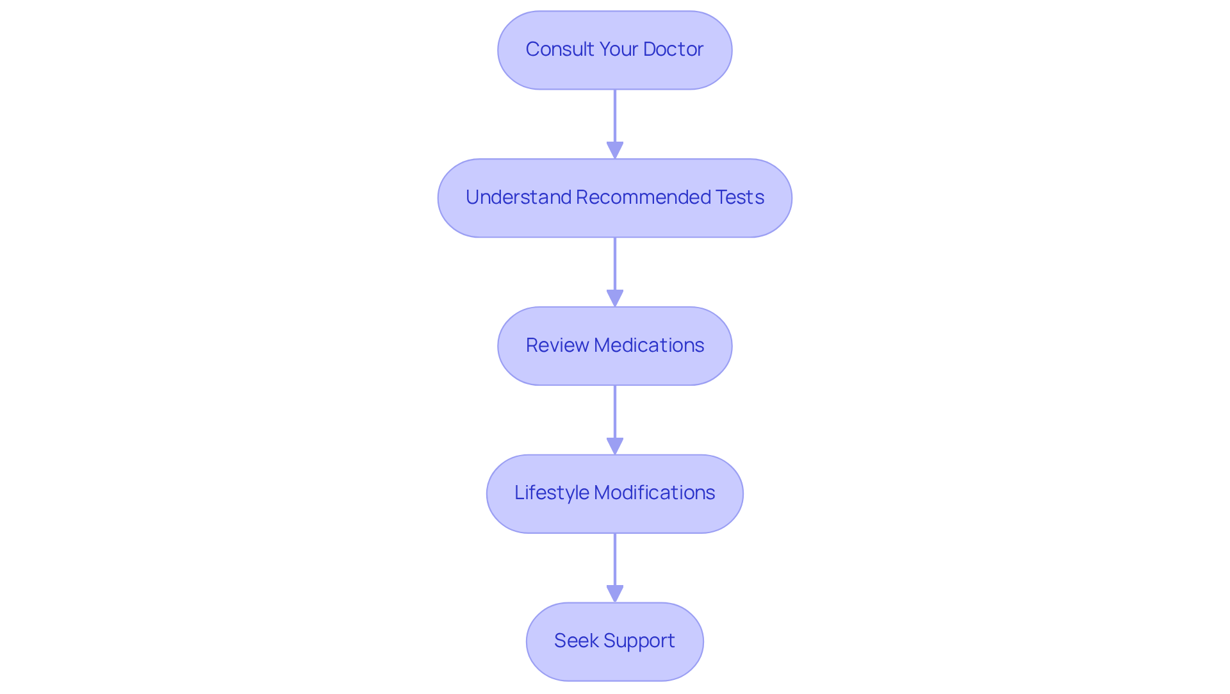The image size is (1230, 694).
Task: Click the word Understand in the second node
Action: point(518,197)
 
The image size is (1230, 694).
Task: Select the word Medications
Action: point(649,345)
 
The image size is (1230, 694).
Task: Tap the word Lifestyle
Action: point(552,493)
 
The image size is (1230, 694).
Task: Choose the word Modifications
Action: point(654,493)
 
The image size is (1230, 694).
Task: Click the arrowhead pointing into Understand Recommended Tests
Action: point(615,151)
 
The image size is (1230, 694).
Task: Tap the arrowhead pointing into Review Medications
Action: point(615,299)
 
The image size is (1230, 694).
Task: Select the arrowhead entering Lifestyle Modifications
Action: point(615,446)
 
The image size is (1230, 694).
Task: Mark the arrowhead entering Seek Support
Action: point(615,594)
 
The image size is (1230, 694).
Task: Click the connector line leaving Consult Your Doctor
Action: point(615,115)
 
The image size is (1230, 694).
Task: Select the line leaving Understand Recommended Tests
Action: point(615,263)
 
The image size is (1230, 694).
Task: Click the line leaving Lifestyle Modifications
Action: point(615,559)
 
